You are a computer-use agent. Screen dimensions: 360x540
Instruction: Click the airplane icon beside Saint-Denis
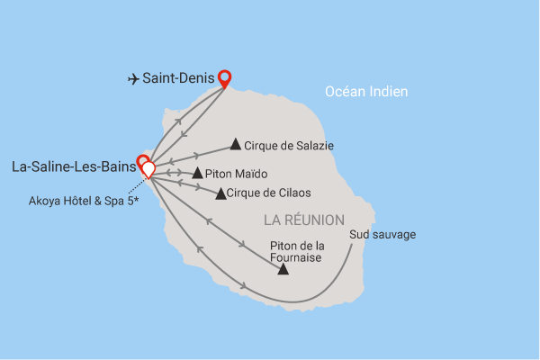(x=132, y=78)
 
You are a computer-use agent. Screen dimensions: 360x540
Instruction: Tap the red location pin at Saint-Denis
(x=224, y=78)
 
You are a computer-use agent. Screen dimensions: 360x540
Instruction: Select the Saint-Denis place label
(x=178, y=78)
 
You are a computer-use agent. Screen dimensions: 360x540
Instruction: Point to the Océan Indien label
(x=366, y=91)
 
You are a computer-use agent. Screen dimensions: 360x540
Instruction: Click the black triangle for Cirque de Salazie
(x=236, y=143)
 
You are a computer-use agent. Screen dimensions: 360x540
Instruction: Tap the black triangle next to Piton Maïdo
(x=198, y=173)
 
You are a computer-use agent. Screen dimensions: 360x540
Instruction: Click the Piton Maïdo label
(x=238, y=174)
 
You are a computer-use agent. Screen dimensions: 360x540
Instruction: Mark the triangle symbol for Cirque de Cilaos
(x=220, y=193)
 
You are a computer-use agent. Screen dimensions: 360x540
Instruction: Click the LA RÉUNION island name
(x=304, y=220)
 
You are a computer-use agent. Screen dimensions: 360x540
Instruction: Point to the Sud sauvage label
(x=382, y=236)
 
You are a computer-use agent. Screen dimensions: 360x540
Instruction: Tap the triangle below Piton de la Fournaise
(x=283, y=268)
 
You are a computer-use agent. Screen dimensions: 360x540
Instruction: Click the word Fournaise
(x=296, y=255)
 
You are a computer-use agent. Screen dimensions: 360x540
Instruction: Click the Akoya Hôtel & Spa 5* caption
(x=83, y=201)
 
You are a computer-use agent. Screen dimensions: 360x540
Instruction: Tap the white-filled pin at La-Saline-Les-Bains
(x=148, y=168)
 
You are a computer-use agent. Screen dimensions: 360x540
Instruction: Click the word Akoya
(x=42, y=201)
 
